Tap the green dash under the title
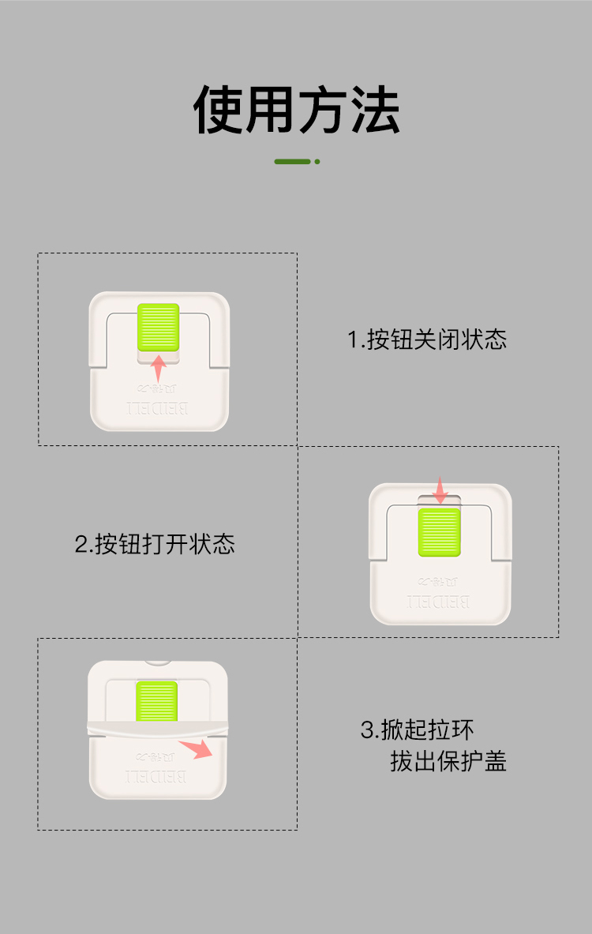click(292, 162)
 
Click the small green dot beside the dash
click(317, 162)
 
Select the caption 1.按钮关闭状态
click(427, 339)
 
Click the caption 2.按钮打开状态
click(155, 544)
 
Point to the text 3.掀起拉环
click(418, 730)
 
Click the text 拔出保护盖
click(448, 761)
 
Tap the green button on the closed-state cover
click(159, 327)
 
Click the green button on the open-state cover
click(439, 531)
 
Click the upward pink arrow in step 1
click(159, 368)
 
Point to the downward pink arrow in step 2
click(440, 490)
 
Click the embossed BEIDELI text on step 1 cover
click(159, 408)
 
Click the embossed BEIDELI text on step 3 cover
click(156, 776)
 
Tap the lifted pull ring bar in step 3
click(157, 728)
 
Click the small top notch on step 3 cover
click(158, 662)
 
